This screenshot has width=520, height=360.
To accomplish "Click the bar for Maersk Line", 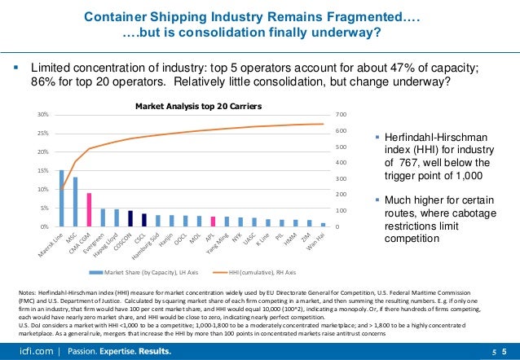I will [x=61, y=198].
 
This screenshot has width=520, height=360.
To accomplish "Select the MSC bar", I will [x=75, y=202].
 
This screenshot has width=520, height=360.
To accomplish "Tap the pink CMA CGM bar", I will [x=89, y=209].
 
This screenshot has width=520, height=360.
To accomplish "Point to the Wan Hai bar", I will [x=324, y=224].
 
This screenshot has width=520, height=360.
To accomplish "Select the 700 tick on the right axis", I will [x=342, y=115].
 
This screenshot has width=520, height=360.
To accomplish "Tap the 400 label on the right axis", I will [x=342, y=163].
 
